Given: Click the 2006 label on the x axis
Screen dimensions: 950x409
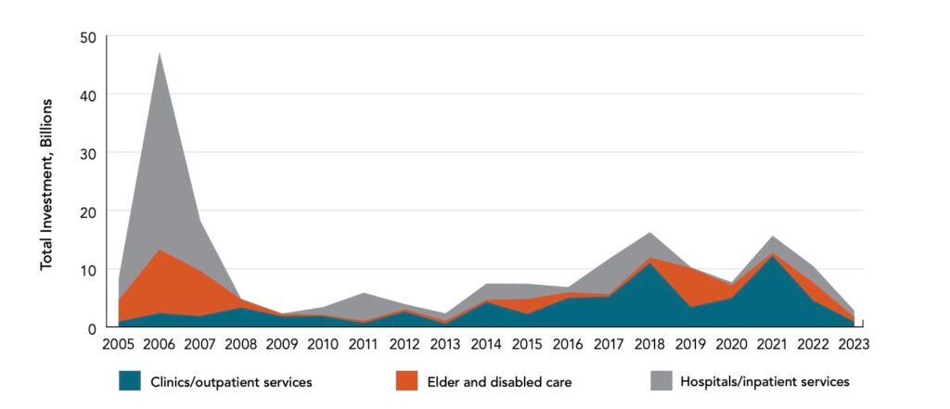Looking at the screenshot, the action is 159,344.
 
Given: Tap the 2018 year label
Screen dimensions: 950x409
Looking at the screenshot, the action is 649,344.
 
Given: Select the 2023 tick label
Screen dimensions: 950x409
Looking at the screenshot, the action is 854,344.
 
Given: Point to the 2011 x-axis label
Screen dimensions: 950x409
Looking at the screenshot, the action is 364,344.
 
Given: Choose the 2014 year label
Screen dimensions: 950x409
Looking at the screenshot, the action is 486,344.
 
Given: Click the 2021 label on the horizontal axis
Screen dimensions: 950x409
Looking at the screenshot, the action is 772,344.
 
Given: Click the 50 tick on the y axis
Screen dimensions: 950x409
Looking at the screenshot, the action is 88,37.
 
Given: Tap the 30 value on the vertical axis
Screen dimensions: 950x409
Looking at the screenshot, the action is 88,153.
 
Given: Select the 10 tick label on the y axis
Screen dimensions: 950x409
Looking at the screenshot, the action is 88,270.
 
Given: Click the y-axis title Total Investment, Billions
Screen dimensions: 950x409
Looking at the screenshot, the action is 46,185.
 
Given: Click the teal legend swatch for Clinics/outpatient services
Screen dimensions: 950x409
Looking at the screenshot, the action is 130,381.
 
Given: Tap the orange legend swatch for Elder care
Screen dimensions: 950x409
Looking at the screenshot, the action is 406,381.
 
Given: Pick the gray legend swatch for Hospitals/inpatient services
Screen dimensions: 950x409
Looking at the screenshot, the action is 661,381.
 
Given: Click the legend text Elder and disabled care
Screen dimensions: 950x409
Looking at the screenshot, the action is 499,382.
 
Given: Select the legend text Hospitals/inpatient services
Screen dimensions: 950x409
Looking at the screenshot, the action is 765,382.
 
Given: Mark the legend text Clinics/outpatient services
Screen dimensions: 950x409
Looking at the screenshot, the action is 231,382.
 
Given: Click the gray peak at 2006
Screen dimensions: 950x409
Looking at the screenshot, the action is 159,53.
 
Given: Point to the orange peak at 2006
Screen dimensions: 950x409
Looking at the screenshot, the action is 159,249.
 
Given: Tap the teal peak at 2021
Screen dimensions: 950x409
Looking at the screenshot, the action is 772,257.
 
